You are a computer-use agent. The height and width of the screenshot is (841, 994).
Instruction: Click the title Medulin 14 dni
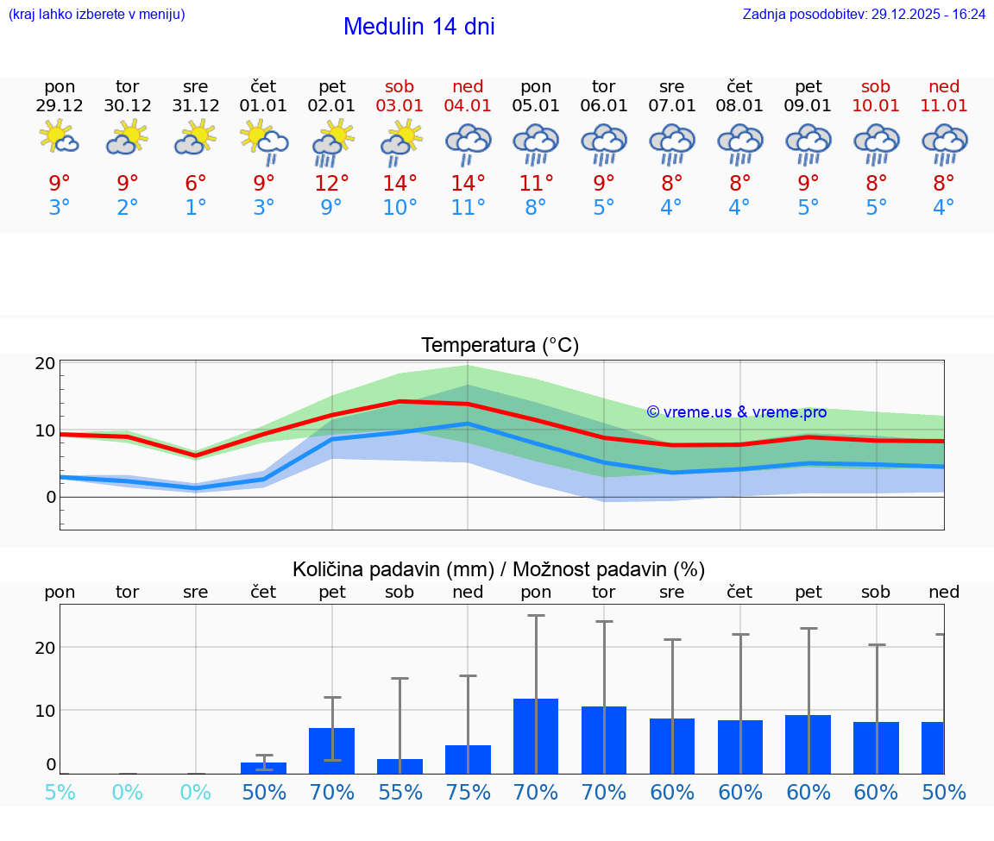(x=418, y=27)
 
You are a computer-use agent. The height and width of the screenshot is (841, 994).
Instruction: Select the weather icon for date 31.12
(x=196, y=137)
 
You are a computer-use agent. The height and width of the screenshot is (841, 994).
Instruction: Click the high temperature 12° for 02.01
(x=332, y=183)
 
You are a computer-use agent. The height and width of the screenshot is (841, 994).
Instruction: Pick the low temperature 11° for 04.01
(x=468, y=207)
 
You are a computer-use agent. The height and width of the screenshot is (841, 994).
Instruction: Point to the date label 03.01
(x=399, y=105)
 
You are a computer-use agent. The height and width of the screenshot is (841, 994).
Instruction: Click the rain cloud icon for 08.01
(x=739, y=143)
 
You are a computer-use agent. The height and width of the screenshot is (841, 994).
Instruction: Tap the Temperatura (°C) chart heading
(x=500, y=345)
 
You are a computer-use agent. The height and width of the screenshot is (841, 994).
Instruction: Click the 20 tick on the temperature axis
(x=46, y=363)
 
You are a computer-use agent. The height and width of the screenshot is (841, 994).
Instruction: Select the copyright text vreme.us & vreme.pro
(x=736, y=412)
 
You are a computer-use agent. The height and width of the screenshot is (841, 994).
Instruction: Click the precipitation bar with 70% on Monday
(x=536, y=736)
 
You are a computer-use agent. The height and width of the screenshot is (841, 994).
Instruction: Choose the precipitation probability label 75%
(x=468, y=792)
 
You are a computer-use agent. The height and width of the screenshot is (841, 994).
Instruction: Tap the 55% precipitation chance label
(x=399, y=792)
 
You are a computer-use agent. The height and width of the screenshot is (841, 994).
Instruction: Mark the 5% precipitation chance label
(x=60, y=792)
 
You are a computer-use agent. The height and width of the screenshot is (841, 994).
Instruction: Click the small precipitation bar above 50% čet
(x=263, y=767)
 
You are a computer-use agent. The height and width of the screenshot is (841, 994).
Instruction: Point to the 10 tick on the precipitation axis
(x=46, y=710)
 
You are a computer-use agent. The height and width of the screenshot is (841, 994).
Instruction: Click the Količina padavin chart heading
(x=499, y=569)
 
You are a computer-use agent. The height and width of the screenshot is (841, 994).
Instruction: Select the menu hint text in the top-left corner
(x=97, y=14)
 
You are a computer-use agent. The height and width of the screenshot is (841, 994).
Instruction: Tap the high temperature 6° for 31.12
(x=196, y=183)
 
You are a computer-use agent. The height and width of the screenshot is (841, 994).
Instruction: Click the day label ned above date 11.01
(x=944, y=86)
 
